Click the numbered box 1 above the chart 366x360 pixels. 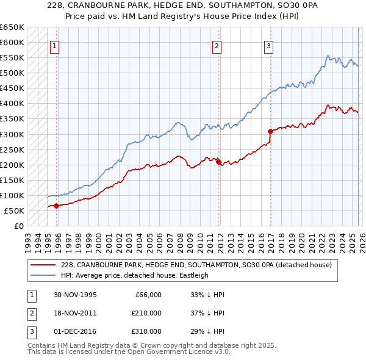coord(54,45)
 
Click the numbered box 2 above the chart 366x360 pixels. coord(217,45)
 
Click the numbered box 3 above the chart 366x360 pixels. coord(268,45)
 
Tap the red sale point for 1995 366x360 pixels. coord(57,206)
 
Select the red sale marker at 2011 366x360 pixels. coord(218,162)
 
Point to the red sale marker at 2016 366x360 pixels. coord(270,131)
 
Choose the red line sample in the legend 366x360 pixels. coord(43,265)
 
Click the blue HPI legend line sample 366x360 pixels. coord(43,275)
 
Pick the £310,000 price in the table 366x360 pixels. coord(146,331)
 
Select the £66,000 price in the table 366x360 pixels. coord(148,295)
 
